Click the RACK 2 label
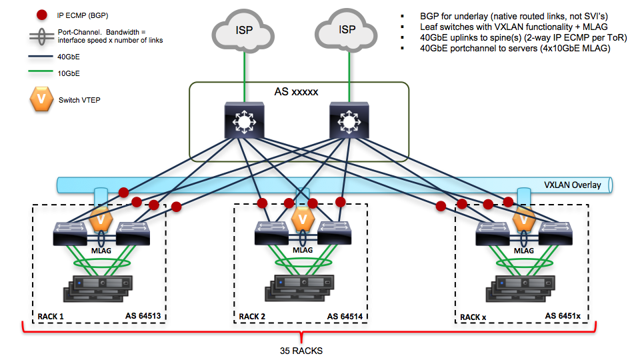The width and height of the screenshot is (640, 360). click(253, 316)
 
